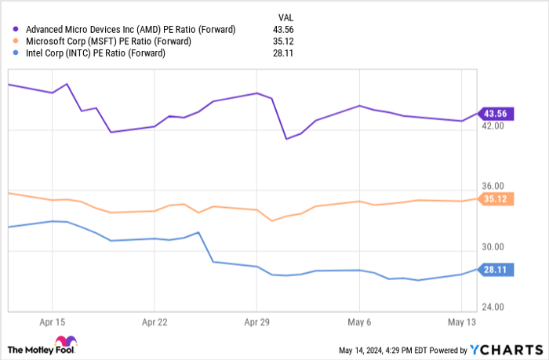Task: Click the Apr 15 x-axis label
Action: click(x=52, y=322)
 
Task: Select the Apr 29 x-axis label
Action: click(x=256, y=322)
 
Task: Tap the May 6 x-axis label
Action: click(x=358, y=322)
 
